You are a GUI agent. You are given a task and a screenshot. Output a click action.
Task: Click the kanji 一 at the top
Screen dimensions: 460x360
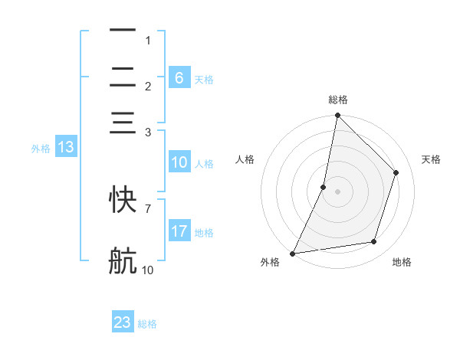[x=123, y=31]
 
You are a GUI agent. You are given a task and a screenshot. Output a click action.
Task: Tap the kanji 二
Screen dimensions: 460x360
[x=123, y=78]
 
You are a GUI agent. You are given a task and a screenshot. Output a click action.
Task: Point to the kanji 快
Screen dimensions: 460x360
[x=123, y=199]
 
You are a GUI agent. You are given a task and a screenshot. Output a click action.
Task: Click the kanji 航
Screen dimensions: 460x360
[x=123, y=261]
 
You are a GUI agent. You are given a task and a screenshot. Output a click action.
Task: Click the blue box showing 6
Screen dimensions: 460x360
[x=179, y=78]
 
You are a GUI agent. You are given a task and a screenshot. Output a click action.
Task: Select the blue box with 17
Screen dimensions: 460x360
[x=179, y=231]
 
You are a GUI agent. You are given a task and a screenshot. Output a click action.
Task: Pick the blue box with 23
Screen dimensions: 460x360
[x=123, y=322]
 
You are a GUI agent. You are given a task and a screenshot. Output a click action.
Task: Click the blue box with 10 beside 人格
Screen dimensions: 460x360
[x=179, y=162]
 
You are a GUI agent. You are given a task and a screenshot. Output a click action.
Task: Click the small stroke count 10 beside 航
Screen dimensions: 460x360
[x=148, y=270]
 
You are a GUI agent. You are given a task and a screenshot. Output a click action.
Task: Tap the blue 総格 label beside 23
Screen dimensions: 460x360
[x=147, y=324]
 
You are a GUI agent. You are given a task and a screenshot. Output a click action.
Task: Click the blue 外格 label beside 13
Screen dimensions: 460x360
[x=40, y=149]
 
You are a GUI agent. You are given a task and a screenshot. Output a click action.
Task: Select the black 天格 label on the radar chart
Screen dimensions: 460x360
[x=431, y=159]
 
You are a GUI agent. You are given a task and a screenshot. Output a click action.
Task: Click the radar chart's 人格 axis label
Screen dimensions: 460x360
[x=245, y=159]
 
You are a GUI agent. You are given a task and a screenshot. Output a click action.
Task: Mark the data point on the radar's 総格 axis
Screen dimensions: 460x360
[x=337, y=116]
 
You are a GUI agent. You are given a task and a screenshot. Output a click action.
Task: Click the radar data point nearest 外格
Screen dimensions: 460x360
[x=293, y=253]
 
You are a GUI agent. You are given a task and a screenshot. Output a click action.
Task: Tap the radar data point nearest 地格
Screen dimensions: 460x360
[x=374, y=242]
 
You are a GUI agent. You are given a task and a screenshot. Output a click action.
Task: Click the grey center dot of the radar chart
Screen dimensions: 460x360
[x=337, y=191]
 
